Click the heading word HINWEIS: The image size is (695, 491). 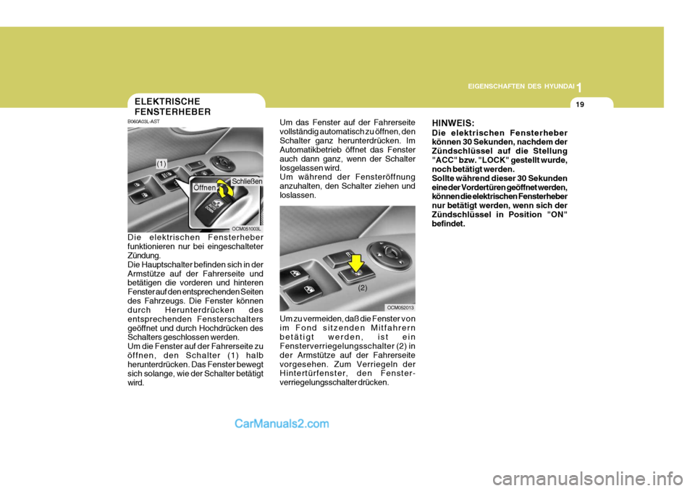coord(453,124)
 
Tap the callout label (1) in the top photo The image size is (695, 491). coord(161,165)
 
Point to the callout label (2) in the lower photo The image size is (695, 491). coord(362,288)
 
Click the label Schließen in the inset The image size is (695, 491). coord(247,180)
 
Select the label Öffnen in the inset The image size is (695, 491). coord(204,188)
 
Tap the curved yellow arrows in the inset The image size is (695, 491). coord(225,193)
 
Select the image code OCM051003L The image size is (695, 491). coord(246,228)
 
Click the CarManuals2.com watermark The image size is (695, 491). coord(282,424)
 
